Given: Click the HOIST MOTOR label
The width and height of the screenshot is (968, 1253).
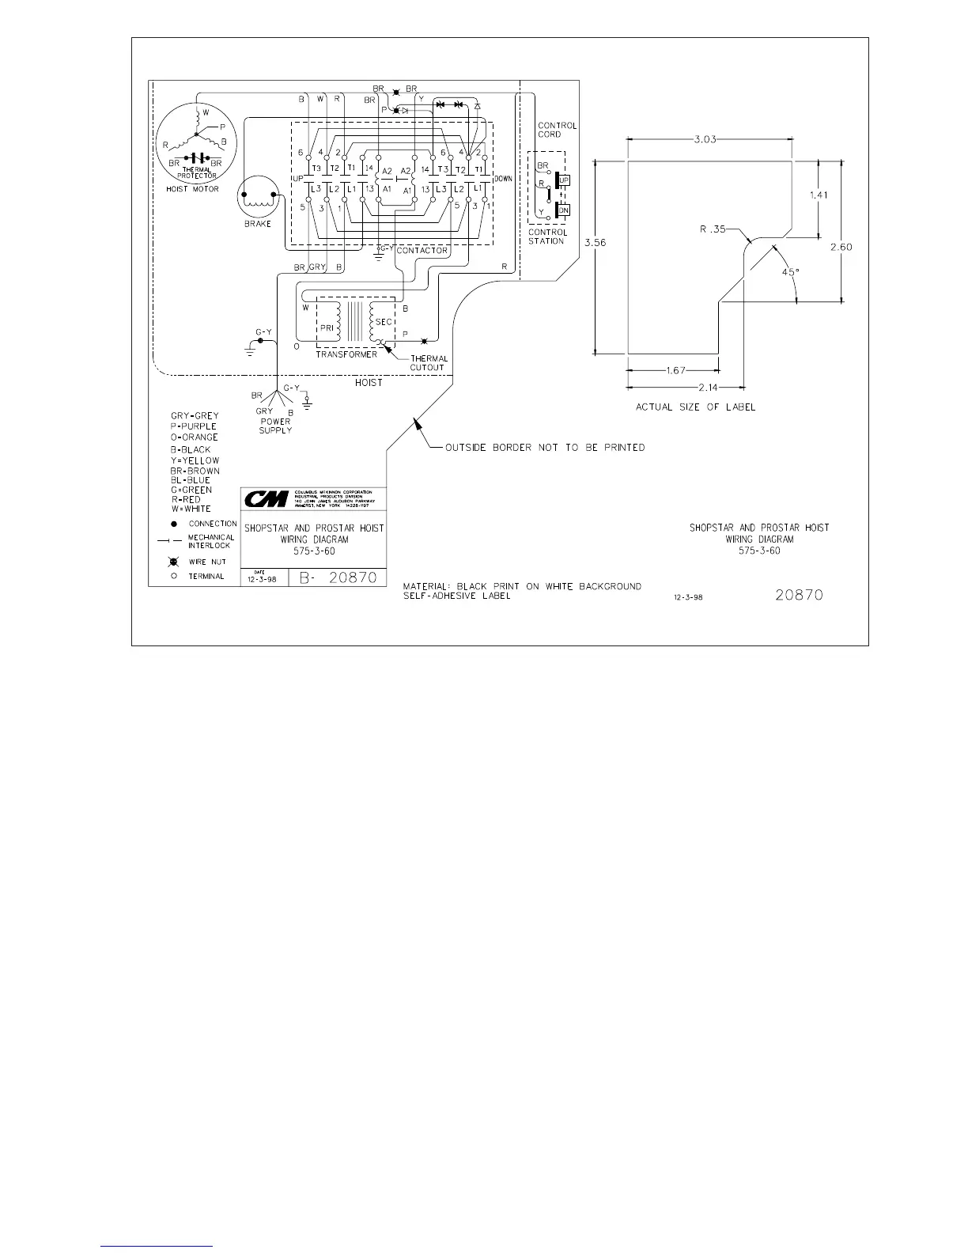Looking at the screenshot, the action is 192,189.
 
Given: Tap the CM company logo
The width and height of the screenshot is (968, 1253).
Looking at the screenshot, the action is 266,499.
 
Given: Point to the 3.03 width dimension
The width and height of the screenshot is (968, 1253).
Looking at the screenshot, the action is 705,139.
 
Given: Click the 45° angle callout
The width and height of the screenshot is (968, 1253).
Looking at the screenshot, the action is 790,271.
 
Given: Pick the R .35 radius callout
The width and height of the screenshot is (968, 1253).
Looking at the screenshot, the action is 712,229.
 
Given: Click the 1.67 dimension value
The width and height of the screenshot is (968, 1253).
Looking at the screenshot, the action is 675,369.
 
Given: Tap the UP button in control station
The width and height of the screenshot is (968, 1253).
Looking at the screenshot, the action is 564,180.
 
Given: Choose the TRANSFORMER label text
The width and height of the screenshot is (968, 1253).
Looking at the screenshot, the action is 346,354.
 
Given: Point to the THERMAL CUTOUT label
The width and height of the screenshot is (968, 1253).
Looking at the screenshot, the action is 429,363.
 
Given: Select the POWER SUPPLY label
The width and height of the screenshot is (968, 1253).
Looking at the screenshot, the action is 275,426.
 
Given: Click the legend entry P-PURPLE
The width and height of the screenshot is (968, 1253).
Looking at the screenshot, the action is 194,426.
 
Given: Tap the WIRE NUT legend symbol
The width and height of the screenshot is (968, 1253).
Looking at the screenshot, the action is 173,562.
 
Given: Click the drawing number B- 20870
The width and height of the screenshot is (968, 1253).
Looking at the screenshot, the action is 342,578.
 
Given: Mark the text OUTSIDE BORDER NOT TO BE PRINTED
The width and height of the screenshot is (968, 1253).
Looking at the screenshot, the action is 544,448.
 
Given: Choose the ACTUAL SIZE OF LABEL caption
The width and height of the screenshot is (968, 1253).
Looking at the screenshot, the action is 696,407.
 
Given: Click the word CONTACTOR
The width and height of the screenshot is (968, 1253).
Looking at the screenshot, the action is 422,251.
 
